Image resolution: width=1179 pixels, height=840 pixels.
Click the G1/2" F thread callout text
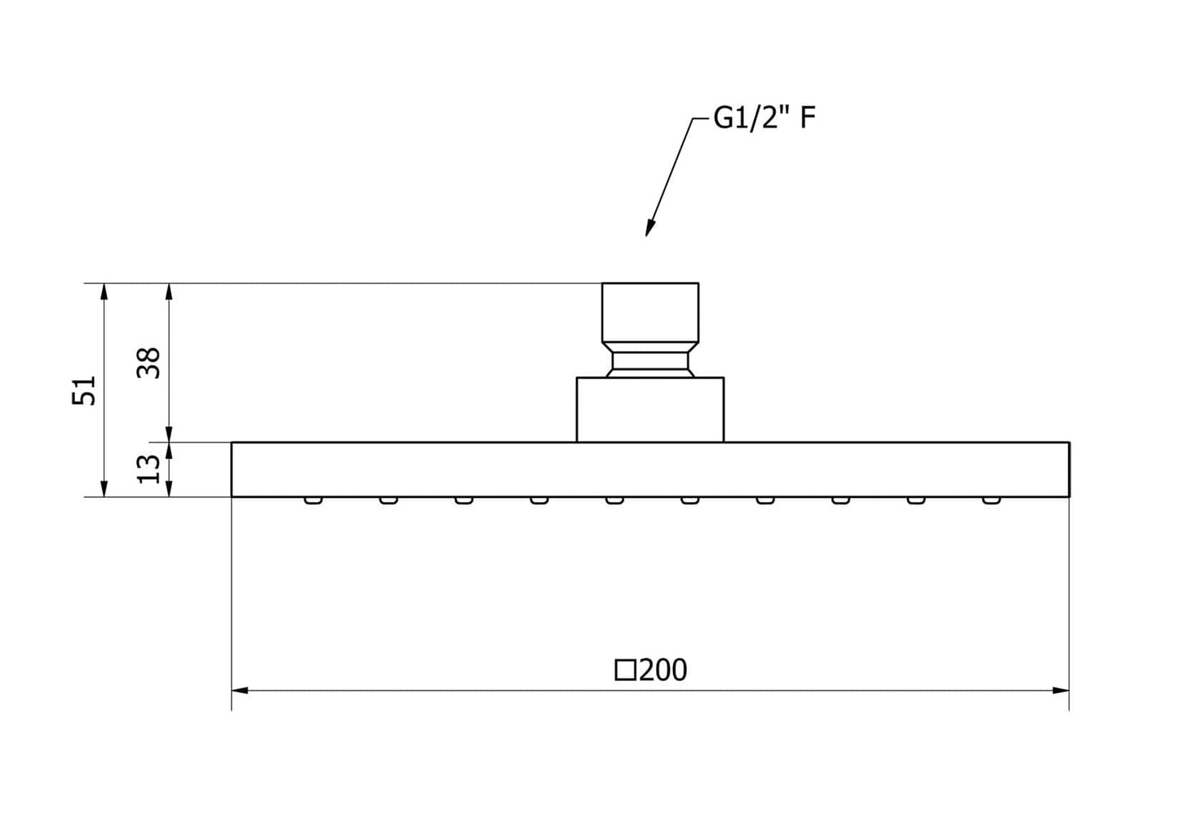tap(764, 118)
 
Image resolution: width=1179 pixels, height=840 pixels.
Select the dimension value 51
tap(86, 390)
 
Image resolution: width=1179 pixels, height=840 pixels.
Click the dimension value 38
tap(149, 362)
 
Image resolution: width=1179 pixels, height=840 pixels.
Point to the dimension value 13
tap(149, 469)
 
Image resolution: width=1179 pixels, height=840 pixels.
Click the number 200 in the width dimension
tap(663, 670)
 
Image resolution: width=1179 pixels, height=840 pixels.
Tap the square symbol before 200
tap(625, 671)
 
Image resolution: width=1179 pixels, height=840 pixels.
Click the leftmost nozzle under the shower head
tap(312, 500)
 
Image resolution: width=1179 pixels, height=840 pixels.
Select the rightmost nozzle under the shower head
tap(991, 500)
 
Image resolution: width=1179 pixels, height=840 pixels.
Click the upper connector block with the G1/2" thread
tap(650, 312)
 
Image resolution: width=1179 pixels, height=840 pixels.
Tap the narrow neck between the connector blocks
tap(650, 361)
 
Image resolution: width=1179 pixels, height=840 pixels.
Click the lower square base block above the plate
tap(650, 410)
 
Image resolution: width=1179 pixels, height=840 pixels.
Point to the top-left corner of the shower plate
tap(233, 443)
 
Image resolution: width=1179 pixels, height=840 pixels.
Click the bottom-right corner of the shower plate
tap(1069, 496)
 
